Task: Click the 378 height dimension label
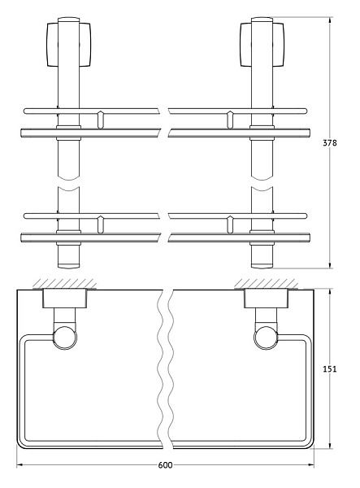point(330,143)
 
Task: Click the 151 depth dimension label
point(330,368)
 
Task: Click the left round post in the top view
point(65,338)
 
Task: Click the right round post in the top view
point(266,338)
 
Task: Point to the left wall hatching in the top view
point(65,284)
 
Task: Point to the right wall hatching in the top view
point(266,284)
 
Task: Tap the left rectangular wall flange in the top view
point(65,298)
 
